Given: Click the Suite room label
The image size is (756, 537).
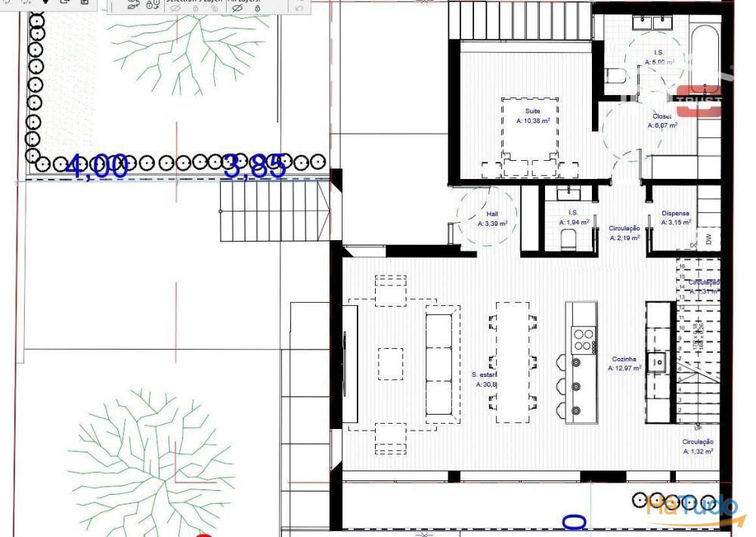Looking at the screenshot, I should [x=532, y=112].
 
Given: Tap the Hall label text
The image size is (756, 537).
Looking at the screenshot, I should [x=492, y=214].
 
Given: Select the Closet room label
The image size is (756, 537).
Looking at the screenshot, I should [x=662, y=117].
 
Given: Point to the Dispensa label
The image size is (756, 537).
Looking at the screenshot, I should [x=675, y=214].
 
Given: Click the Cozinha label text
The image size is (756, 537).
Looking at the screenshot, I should [x=624, y=360].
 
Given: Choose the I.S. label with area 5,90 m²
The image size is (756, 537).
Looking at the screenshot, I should [x=658, y=53].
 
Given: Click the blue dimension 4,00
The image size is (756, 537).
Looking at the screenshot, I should [x=96, y=165].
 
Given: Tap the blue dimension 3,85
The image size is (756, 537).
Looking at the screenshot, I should [x=255, y=166].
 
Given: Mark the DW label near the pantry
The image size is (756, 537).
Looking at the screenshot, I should [x=708, y=239].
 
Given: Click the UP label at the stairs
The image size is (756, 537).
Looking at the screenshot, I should [x=698, y=427].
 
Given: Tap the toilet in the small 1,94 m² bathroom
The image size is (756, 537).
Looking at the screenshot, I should [x=569, y=239].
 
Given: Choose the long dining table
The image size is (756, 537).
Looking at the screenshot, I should [x=513, y=361].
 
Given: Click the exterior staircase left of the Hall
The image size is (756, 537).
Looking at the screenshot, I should [x=274, y=211].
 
